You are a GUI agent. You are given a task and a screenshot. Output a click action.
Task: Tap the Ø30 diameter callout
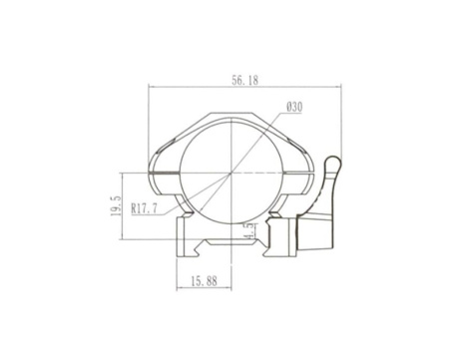[295, 106]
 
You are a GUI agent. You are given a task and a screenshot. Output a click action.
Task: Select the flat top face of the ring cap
[232, 113]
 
